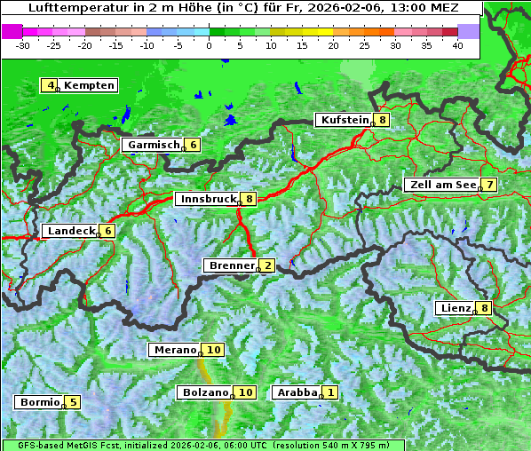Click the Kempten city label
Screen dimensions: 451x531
pos(90,85)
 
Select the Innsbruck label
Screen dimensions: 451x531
pos(207,199)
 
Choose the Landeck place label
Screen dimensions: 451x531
pos(71,231)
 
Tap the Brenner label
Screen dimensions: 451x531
pos(231,265)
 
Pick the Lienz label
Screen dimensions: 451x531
pos(455,308)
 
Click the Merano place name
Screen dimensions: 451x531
pos(173,350)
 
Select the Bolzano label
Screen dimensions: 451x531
pos(205,392)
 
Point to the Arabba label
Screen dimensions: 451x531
pos(297,392)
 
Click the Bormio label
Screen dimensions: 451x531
pos(40,402)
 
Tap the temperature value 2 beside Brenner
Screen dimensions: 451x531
pos(267,265)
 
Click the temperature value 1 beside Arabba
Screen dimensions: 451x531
pos(330,392)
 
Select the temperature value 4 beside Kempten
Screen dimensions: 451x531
pos(51,85)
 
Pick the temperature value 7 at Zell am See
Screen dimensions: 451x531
pos(488,184)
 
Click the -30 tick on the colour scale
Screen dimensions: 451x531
pos(24,45)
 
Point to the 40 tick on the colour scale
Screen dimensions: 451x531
pos(457,45)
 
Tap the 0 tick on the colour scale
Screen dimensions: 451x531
pos(210,45)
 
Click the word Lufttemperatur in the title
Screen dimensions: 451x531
pos(69,8)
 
